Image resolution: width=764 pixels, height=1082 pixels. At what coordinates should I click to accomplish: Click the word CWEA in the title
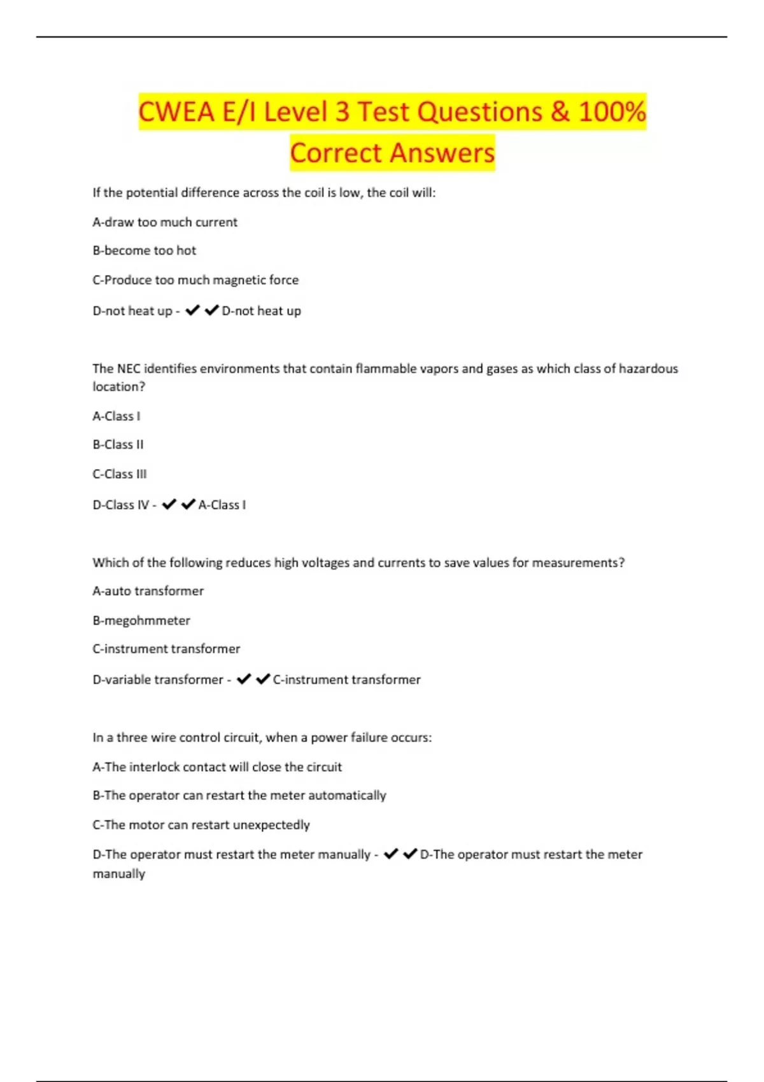[176, 112]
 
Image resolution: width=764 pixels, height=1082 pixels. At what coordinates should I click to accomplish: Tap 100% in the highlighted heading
[612, 112]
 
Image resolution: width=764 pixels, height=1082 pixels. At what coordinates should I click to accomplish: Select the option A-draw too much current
[165, 222]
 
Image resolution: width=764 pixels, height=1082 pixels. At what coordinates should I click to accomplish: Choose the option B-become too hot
[145, 251]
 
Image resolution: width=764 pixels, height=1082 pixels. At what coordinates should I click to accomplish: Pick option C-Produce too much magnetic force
[195, 280]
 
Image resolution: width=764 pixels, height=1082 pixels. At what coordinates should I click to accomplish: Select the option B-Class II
[118, 445]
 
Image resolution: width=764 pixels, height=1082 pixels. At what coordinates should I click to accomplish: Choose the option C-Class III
[120, 474]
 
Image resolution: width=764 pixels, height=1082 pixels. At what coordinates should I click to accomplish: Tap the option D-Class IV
[121, 505]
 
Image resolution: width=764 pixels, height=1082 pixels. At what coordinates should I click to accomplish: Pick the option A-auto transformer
[148, 591]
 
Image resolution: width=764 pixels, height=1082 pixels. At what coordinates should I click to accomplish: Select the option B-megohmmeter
[141, 621]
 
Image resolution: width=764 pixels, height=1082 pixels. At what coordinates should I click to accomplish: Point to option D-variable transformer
[158, 680]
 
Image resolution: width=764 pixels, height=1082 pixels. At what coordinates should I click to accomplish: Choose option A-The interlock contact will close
[217, 767]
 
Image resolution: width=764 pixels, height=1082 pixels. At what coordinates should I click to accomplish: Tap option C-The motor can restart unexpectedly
[201, 825]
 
